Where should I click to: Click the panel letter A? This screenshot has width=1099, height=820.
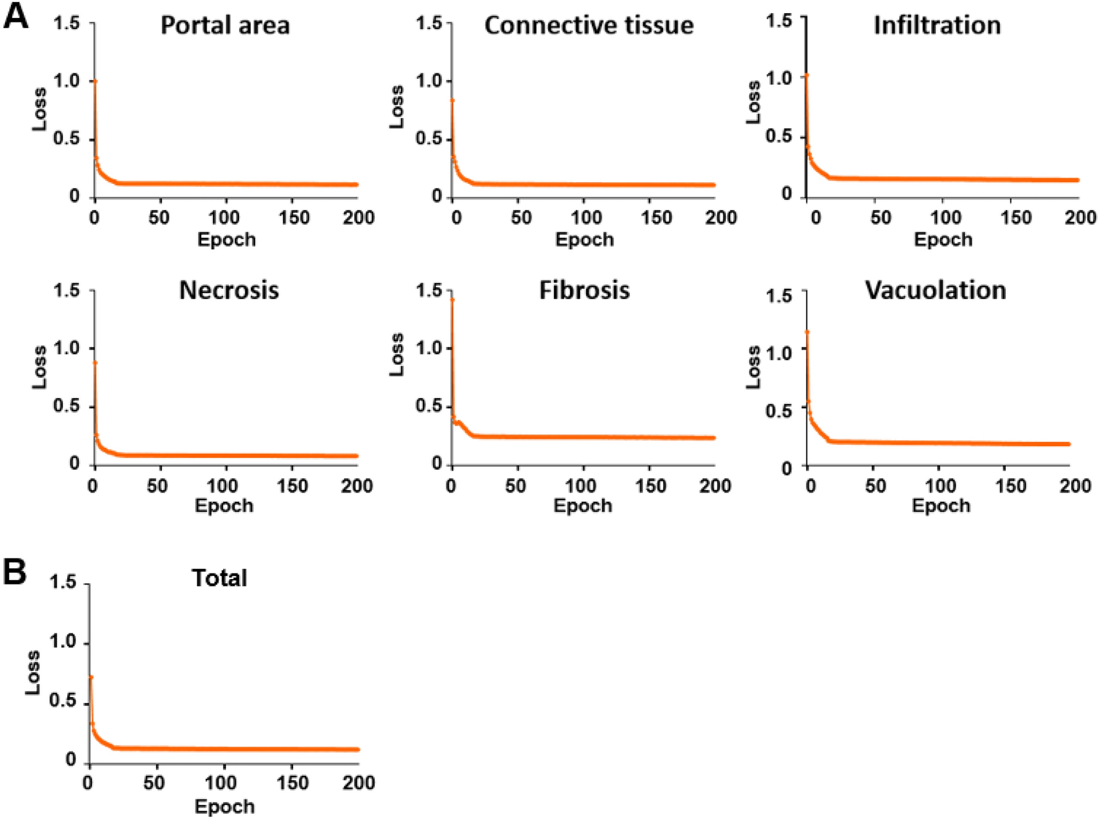(16, 16)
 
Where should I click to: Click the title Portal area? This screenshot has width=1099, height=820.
(225, 25)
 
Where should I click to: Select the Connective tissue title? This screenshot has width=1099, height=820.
(589, 25)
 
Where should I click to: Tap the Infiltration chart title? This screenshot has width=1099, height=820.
(937, 25)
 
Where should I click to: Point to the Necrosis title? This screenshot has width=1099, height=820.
(228, 291)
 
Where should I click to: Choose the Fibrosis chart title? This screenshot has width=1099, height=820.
(584, 291)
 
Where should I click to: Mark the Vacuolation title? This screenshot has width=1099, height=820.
(935, 291)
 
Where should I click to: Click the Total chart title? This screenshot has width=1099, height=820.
(219, 578)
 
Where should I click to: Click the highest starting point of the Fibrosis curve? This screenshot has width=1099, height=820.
(452, 299)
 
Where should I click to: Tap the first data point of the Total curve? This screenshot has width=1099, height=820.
(91, 677)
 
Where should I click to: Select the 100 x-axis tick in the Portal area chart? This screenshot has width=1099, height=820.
(224, 217)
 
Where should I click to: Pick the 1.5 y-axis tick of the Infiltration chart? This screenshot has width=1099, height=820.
(779, 21)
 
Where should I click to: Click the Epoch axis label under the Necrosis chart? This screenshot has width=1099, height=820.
(224, 506)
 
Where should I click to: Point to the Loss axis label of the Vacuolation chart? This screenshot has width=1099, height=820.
(753, 368)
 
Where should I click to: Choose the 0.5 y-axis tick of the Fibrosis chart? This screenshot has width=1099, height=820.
(429, 406)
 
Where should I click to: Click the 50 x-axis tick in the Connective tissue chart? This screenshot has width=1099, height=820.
(521, 217)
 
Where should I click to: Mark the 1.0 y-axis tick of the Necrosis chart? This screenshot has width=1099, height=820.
(66, 348)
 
